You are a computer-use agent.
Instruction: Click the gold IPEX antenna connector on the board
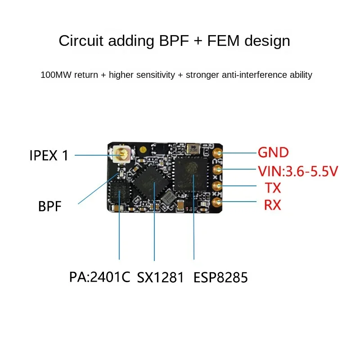pyautogui.click(x=121, y=155)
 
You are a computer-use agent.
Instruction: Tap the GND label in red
pyautogui.click(x=273, y=153)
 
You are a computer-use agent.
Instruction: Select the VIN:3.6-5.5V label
pyautogui.click(x=298, y=171)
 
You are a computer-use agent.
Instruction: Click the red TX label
pyautogui.click(x=273, y=188)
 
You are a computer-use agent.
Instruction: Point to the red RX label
pyautogui.click(x=272, y=205)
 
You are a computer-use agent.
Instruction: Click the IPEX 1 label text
pyautogui.click(x=49, y=156)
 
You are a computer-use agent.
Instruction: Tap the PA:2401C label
pyautogui.click(x=99, y=277)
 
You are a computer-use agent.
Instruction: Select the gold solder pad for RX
pyautogui.click(x=218, y=202)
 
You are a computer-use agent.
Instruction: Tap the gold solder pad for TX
pyautogui.click(x=218, y=186)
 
